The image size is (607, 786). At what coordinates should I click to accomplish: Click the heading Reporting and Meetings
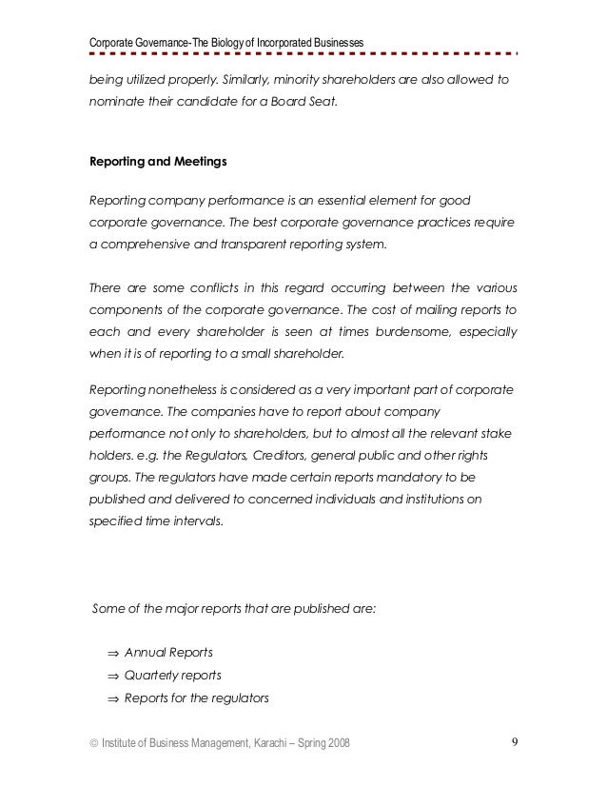click(157, 162)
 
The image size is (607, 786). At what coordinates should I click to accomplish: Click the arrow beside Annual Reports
click(113, 653)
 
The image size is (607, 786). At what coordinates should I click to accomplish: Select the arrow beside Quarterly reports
click(113, 676)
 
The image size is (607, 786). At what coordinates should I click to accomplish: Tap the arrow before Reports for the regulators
click(113, 698)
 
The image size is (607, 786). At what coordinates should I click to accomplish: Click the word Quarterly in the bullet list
click(152, 676)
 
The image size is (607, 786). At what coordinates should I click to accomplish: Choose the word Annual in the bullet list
click(146, 653)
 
